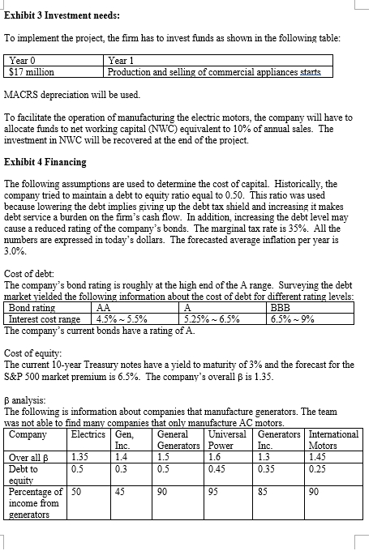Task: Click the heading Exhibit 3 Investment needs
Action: [x=62, y=15]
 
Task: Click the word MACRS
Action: [x=24, y=95]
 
